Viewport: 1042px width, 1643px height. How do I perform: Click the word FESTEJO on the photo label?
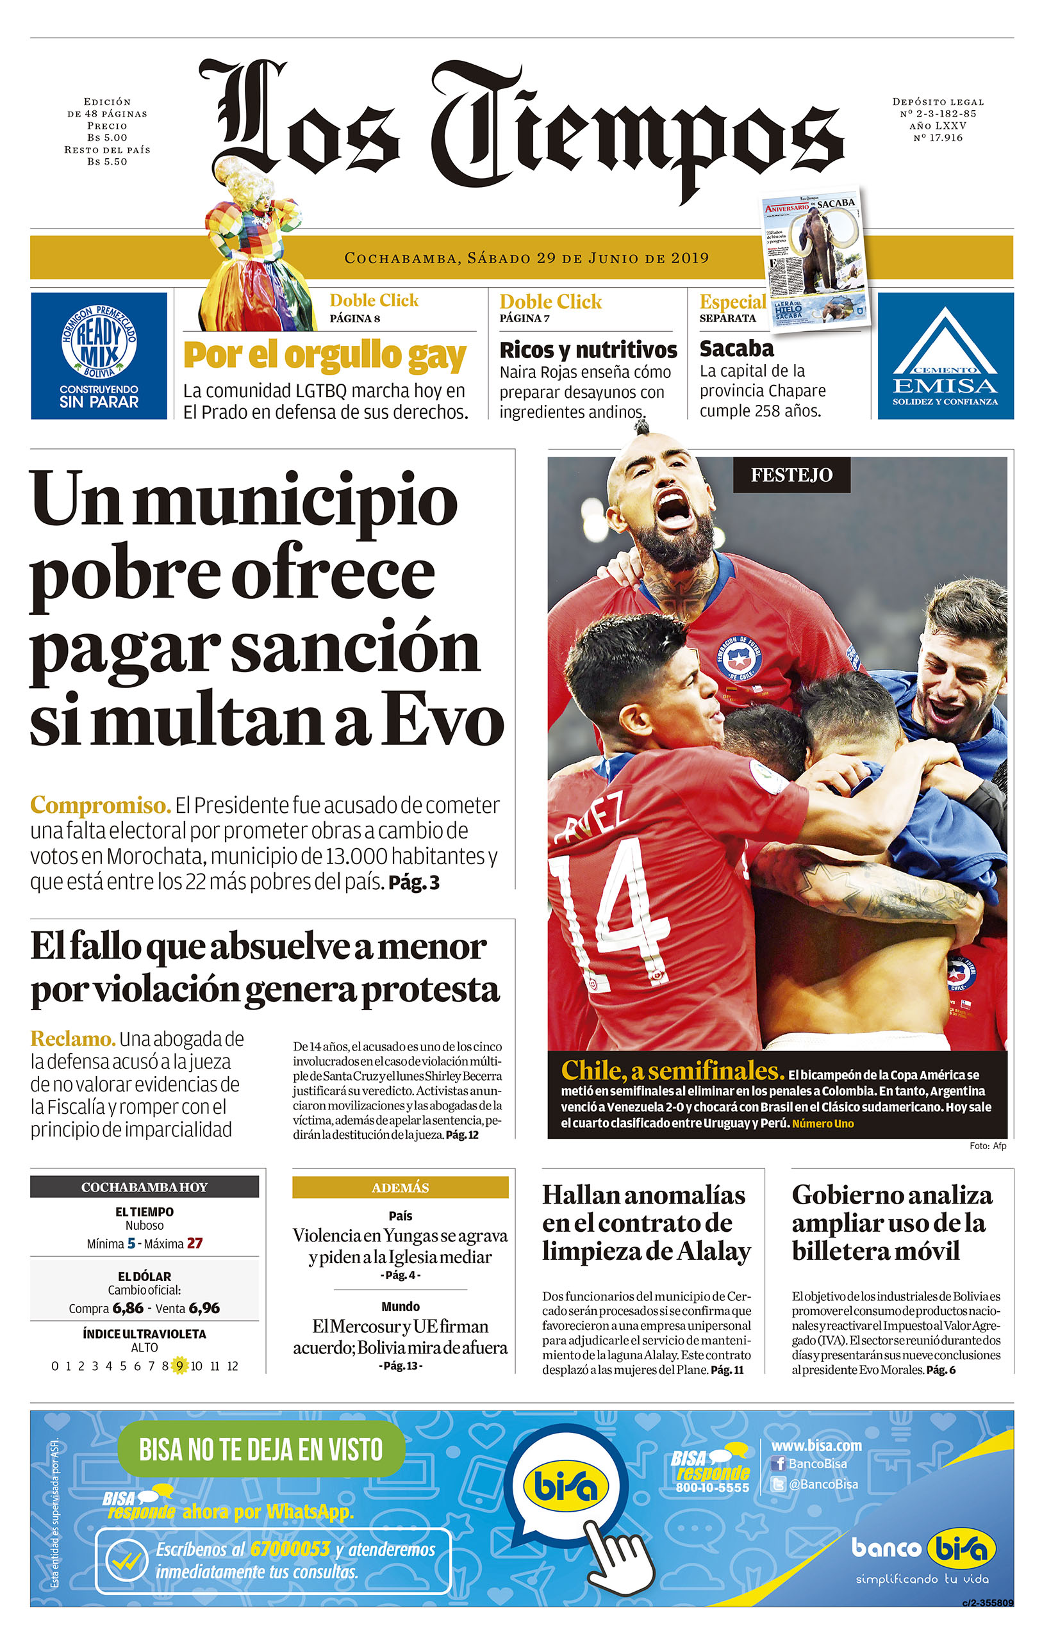pyautogui.click(x=791, y=475)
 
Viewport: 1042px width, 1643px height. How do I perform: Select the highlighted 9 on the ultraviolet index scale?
pyautogui.click(x=179, y=1366)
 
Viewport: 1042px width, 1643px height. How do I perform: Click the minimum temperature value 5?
pyautogui.click(x=131, y=1243)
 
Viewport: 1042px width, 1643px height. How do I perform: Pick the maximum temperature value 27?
pyautogui.click(x=195, y=1243)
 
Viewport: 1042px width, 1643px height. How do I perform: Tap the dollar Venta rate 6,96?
pyautogui.click(x=204, y=1308)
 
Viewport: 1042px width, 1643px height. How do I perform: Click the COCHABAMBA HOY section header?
pyautogui.click(x=144, y=1187)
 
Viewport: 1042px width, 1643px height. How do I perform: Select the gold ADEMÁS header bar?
pyautogui.click(x=400, y=1188)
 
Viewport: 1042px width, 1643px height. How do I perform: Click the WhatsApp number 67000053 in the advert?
pyautogui.click(x=290, y=1549)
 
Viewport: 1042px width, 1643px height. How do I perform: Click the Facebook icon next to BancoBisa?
pyautogui.click(x=778, y=1464)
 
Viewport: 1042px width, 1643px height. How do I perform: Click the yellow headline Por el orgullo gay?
pyautogui.click(x=324, y=356)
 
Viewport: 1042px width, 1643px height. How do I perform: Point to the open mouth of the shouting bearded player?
pyautogui.click(x=674, y=509)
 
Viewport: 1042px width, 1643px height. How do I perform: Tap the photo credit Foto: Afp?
pyautogui.click(x=988, y=1147)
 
